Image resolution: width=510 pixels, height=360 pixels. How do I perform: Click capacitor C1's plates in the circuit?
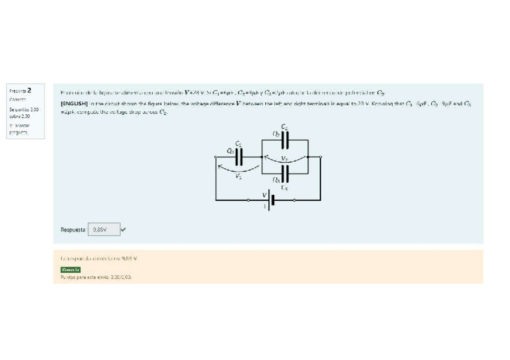pyautogui.click(x=239, y=157)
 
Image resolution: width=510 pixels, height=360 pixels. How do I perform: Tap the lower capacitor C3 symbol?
pyautogui.click(x=285, y=173)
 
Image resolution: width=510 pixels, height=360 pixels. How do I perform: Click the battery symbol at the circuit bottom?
pyautogui.click(x=271, y=200)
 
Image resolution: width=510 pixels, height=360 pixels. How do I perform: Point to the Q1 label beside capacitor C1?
pyautogui.click(x=230, y=151)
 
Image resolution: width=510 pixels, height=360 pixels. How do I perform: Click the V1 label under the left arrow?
pyautogui.click(x=239, y=176)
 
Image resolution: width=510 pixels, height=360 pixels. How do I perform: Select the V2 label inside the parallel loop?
pyautogui.click(x=286, y=159)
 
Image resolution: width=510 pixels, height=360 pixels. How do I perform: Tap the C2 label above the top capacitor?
pyautogui.click(x=284, y=127)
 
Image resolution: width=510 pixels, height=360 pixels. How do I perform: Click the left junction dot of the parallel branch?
pyautogui.click(x=260, y=157)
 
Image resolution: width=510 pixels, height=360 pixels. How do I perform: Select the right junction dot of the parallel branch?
pyautogui.click(x=321, y=157)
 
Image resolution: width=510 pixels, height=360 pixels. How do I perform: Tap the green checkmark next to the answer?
pyautogui.click(x=123, y=229)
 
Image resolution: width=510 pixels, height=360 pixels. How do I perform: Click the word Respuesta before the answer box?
pyautogui.click(x=73, y=230)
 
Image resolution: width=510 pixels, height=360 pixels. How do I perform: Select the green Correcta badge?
pyautogui.click(x=70, y=270)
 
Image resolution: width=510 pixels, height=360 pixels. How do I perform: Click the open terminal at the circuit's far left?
pyautogui.click(x=217, y=157)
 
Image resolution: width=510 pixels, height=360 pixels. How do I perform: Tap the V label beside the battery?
pyautogui.click(x=263, y=194)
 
